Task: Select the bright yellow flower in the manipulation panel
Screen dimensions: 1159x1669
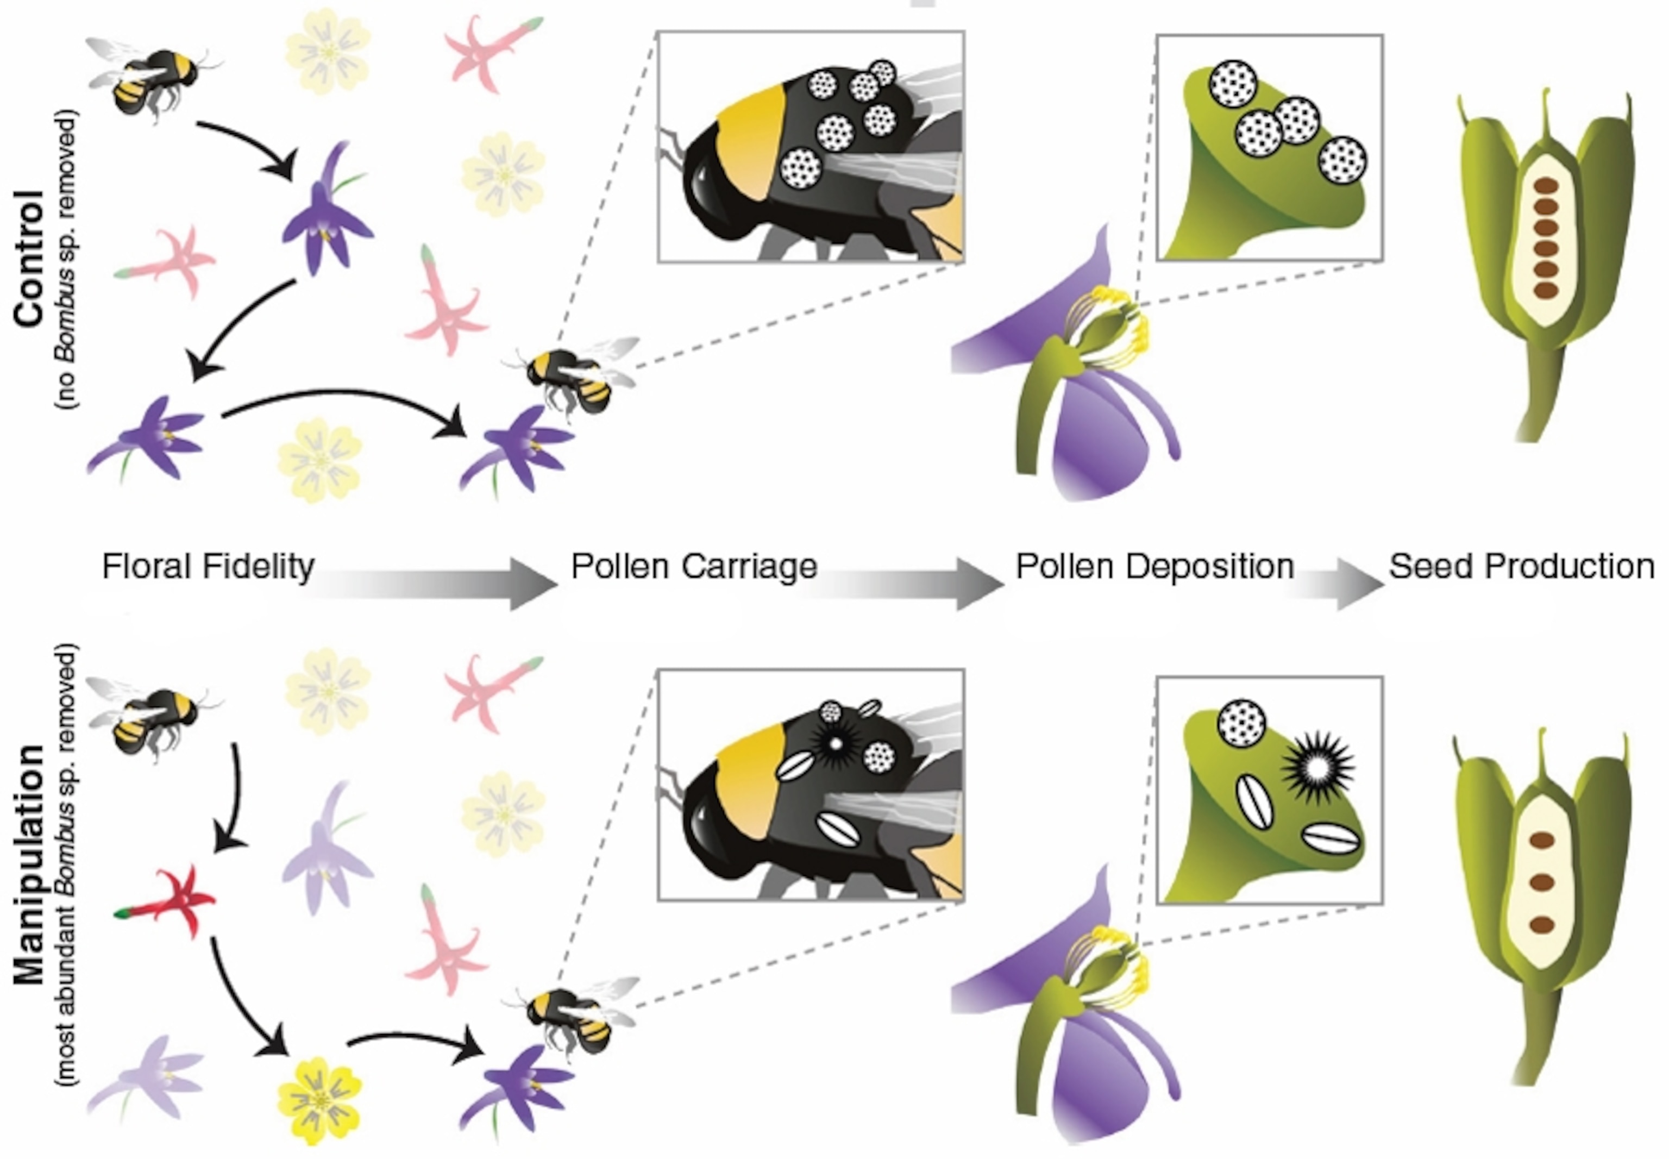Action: pos(319,1100)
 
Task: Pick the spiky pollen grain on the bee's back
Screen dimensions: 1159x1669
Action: pos(835,743)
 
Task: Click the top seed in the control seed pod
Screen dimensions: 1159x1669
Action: pos(1546,186)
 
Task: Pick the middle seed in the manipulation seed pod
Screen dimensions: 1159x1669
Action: pos(1541,883)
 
